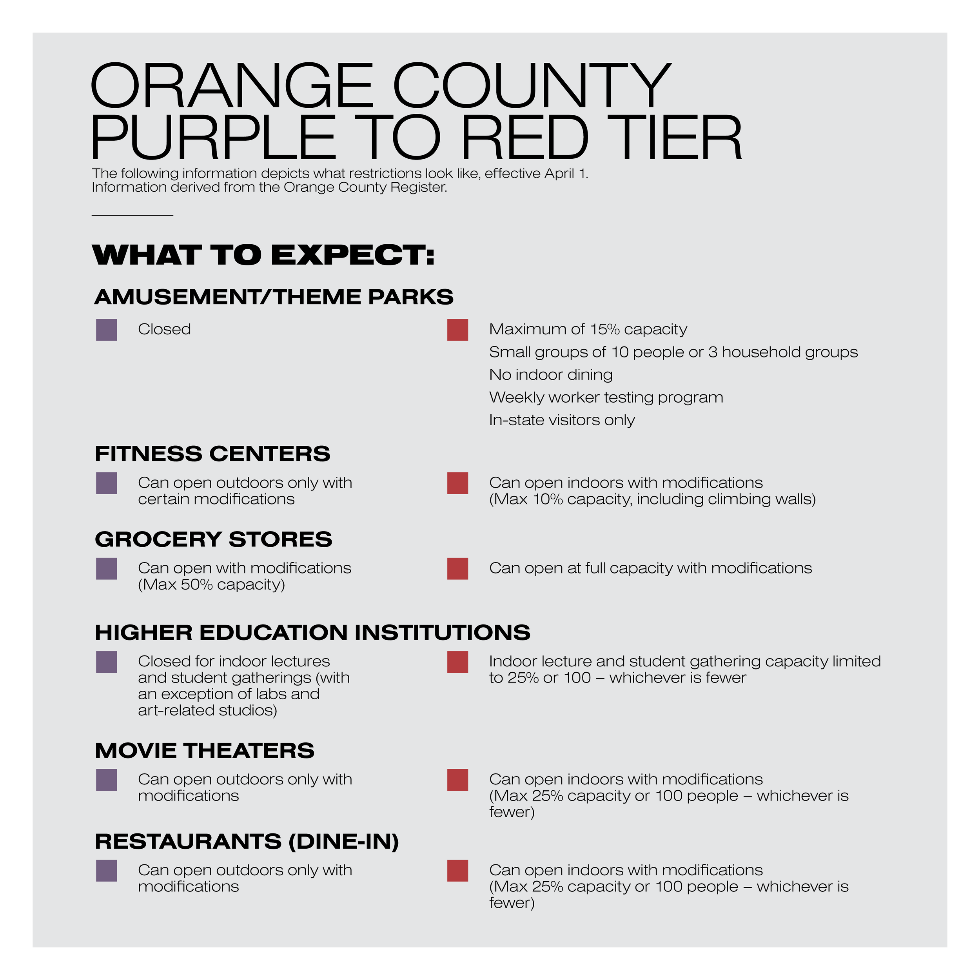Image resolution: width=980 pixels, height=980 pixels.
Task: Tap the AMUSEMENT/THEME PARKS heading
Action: click(x=274, y=297)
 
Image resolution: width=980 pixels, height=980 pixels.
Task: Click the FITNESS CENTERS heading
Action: click(x=212, y=454)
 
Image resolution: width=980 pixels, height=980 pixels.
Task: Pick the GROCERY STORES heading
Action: click(x=214, y=539)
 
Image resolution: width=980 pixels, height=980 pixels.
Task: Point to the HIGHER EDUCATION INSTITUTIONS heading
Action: click(x=312, y=633)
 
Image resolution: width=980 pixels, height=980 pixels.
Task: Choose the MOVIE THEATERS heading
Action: click(x=204, y=751)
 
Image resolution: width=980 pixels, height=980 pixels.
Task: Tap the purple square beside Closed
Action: click(x=107, y=330)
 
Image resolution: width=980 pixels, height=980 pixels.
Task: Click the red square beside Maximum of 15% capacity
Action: click(x=457, y=330)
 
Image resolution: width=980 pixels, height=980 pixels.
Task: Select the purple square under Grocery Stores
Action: click(x=107, y=569)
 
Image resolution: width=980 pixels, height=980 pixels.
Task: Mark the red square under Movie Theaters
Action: click(x=457, y=780)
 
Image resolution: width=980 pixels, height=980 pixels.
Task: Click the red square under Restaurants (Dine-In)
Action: click(x=457, y=870)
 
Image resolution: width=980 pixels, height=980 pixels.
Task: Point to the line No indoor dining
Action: click(x=551, y=375)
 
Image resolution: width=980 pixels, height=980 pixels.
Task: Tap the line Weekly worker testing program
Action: click(x=606, y=397)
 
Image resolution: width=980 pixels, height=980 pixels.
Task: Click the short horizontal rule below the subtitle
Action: click(x=132, y=216)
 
